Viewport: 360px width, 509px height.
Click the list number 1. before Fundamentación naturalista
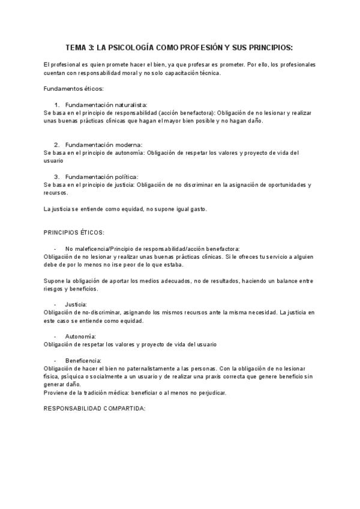(57, 104)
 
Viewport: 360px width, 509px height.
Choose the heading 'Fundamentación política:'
(102, 176)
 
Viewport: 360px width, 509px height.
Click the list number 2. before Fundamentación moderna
(57, 145)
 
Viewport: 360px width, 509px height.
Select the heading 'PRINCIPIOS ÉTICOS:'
(74, 232)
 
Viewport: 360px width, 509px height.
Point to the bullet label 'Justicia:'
(76, 304)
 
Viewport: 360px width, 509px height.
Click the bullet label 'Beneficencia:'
(84, 360)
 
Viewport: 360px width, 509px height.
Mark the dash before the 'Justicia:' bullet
(55, 304)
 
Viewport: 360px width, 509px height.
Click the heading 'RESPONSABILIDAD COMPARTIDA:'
(95, 408)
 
